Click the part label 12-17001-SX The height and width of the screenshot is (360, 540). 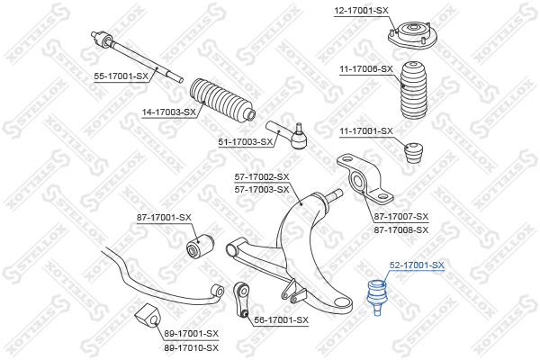(361, 11)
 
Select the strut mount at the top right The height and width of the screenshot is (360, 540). (412, 37)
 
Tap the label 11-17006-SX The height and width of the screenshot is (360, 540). (366, 69)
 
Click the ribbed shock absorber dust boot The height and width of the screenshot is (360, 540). (414, 90)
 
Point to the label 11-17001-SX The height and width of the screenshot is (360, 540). (366, 131)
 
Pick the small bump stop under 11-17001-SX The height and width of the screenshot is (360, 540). (413, 152)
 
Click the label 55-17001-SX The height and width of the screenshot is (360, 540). (121, 76)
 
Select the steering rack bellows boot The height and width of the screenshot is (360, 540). (222, 100)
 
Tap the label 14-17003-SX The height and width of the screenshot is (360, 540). (169, 112)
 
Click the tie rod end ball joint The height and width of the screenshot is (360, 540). (289, 135)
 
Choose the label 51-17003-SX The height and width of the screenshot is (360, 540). (245, 141)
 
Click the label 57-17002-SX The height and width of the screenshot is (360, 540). (262, 177)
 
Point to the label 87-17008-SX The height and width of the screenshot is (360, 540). (401, 229)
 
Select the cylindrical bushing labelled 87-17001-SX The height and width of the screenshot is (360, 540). (200, 246)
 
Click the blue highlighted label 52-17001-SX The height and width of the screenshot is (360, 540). (417, 265)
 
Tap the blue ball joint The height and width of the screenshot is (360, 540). (377, 297)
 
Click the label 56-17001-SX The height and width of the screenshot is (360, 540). (281, 320)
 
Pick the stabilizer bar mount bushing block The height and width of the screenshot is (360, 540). (148, 315)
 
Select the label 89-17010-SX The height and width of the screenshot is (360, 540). (191, 348)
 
